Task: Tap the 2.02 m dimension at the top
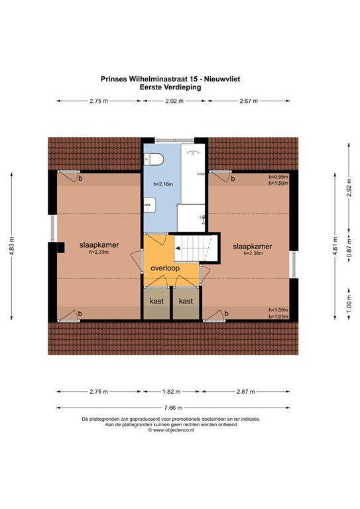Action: (174, 101)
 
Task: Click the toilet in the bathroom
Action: (156, 159)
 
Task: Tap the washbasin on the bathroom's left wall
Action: (149, 206)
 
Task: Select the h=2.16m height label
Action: (162, 183)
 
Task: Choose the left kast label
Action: (156, 301)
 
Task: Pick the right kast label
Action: (186, 301)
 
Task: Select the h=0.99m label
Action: (278, 177)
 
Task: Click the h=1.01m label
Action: (278, 316)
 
